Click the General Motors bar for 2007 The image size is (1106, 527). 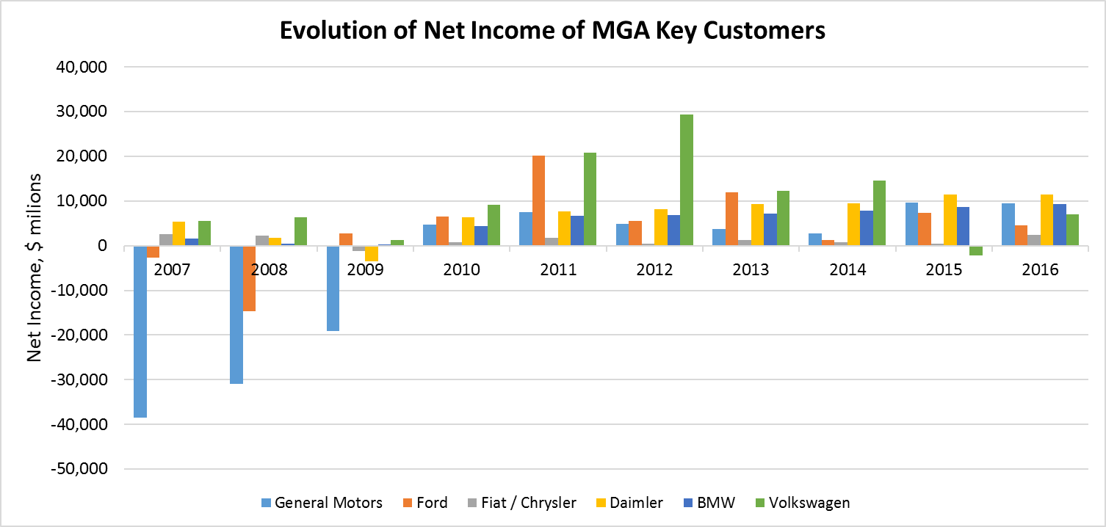(x=140, y=331)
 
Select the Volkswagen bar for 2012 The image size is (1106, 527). (x=687, y=180)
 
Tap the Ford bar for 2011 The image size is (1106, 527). (x=539, y=200)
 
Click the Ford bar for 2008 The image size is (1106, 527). (x=250, y=278)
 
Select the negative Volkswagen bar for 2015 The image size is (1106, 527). (x=976, y=250)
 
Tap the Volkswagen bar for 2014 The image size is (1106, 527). (x=880, y=213)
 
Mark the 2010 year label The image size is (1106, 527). (x=461, y=269)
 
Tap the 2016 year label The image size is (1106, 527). (x=1040, y=269)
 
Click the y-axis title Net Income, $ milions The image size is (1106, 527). (x=34, y=267)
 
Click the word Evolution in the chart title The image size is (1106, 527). (x=319, y=31)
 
